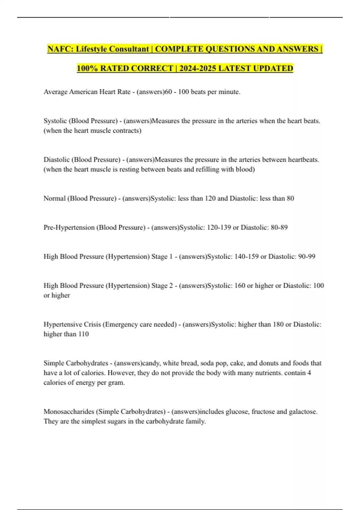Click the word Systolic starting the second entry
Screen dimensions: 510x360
(55, 121)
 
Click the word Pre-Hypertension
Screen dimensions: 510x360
(69, 227)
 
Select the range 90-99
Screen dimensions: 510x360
(307, 256)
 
